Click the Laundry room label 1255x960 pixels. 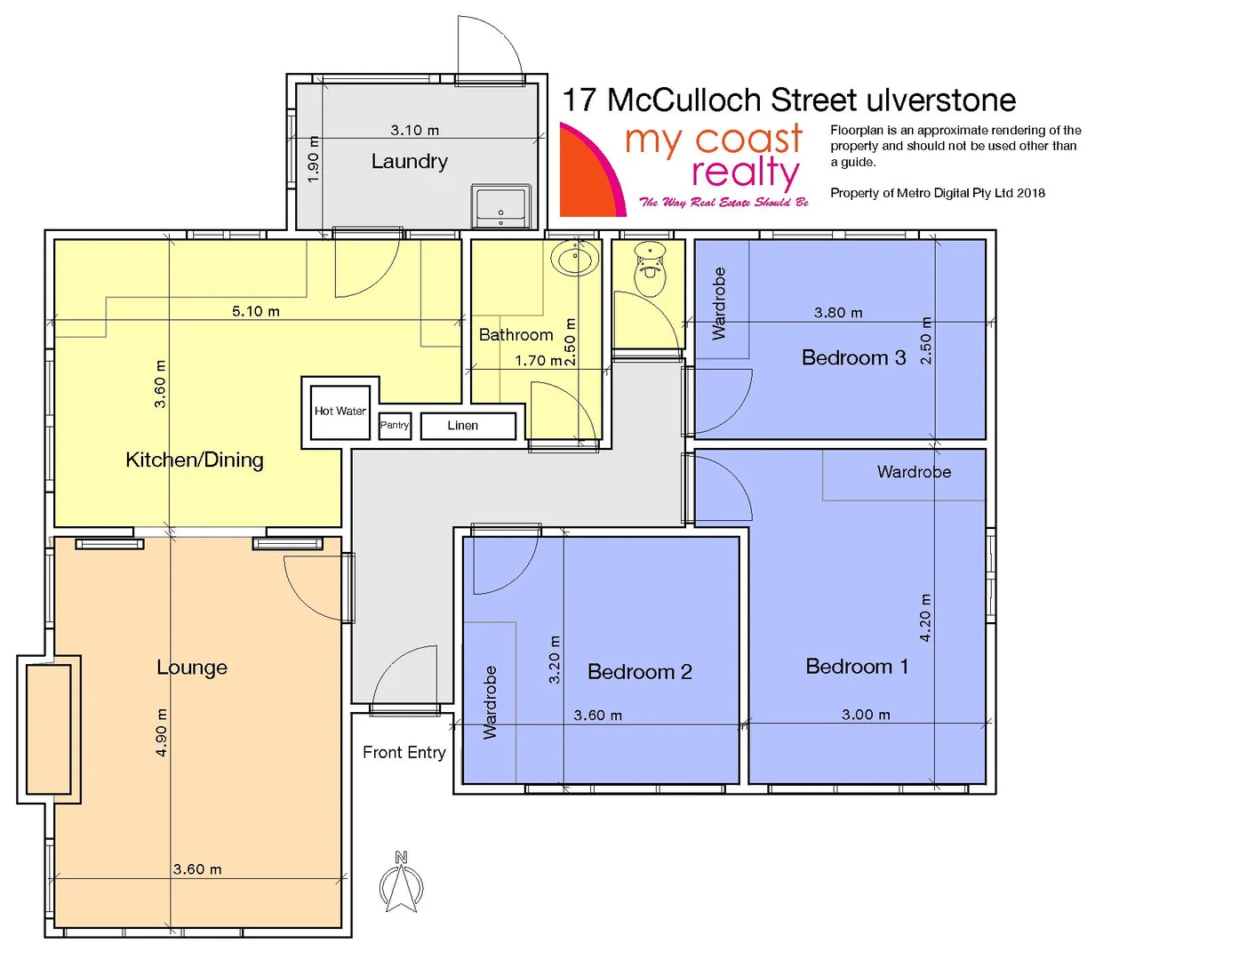[x=409, y=162]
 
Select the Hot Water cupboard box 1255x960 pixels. [x=340, y=411]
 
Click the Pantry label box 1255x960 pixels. [x=395, y=425]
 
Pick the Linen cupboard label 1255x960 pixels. [x=463, y=426]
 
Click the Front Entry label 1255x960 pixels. [x=404, y=753]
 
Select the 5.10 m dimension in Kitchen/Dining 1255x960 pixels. [x=256, y=311]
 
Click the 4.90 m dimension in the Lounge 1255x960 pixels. [x=162, y=732]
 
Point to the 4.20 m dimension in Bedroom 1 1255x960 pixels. [x=925, y=618]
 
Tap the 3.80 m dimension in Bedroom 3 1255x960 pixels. [x=838, y=313]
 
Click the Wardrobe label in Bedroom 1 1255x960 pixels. [x=914, y=472]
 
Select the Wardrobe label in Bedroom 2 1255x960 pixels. [x=490, y=702]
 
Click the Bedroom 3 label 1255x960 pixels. [x=853, y=358]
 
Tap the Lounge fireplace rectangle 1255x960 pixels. [x=49, y=729]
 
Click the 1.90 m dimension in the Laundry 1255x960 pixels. [x=313, y=160]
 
